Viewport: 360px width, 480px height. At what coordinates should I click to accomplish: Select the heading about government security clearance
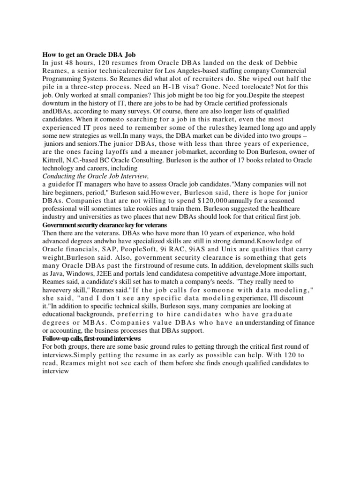point(105,225)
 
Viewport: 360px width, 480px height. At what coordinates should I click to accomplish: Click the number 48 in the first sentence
point(74,62)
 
